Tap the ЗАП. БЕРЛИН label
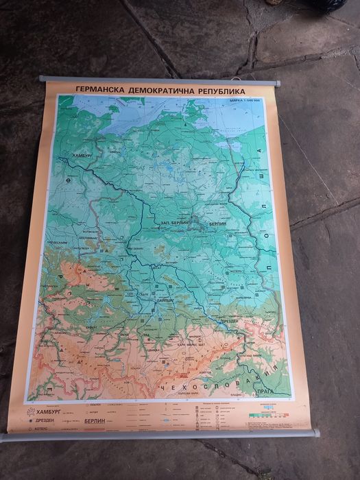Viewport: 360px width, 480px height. click(175, 224)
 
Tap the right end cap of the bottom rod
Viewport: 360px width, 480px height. click(316, 433)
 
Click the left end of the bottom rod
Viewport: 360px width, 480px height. click(3, 436)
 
